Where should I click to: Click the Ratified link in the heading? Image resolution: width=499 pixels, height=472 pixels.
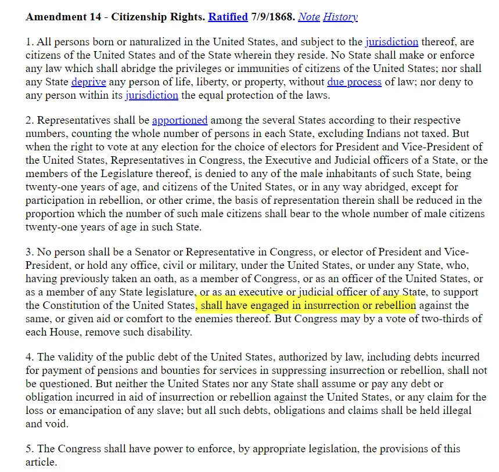[228, 17]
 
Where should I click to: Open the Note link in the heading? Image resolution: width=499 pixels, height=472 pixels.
[309, 17]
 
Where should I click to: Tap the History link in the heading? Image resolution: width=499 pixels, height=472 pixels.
[340, 17]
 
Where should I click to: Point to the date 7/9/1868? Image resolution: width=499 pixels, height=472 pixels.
[273, 17]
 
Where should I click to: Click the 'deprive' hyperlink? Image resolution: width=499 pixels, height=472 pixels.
[88, 82]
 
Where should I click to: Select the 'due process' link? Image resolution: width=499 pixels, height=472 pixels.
[354, 82]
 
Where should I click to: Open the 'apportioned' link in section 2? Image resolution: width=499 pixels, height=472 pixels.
[180, 120]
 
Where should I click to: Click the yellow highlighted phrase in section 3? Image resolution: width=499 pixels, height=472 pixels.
[308, 305]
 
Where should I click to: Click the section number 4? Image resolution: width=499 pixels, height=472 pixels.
[29, 357]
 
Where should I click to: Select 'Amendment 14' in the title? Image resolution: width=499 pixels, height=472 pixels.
[57, 17]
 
